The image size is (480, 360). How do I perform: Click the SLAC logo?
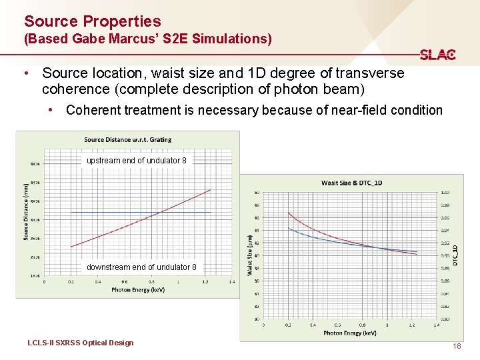(437, 55)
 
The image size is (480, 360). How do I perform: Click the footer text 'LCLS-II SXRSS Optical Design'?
(81, 343)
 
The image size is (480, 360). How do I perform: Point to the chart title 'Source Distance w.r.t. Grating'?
(127, 139)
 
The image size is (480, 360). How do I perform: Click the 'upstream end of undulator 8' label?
(137, 161)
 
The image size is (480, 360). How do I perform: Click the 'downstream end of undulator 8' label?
(141, 267)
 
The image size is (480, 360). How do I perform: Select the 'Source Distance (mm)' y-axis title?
(26, 212)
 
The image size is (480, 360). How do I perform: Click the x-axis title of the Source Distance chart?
(138, 290)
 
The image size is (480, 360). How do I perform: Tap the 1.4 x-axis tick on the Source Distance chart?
(231, 281)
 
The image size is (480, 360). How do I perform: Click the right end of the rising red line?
(210, 190)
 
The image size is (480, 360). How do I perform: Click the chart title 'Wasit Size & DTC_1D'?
(351, 183)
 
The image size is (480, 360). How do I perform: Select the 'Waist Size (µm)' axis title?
(250, 254)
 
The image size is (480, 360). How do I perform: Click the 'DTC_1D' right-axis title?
(455, 254)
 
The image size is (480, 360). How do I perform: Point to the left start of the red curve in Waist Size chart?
(288, 213)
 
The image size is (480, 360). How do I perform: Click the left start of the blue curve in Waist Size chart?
(288, 228)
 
